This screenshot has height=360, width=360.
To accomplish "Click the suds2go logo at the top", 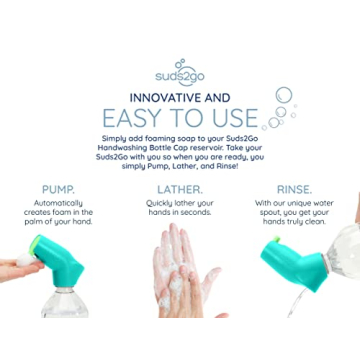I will click(180, 73).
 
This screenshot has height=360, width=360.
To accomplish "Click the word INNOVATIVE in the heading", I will click(161, 98).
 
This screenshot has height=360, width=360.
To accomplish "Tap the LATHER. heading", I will click(180, 188).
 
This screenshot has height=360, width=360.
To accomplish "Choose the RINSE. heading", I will click(298, 188).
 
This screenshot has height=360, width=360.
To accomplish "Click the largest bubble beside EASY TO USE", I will click(284, 96).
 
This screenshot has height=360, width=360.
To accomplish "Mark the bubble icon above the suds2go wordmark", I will click(180, 62).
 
